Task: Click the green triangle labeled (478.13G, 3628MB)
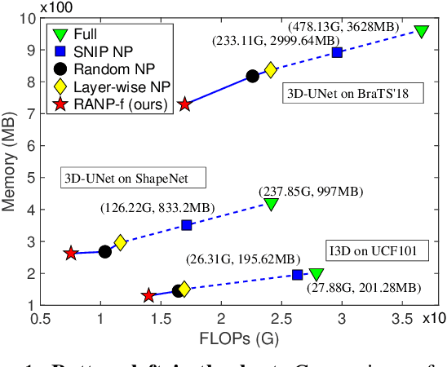point(421,31)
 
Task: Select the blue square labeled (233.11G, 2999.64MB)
point(337,52)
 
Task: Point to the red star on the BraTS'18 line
point(185,104)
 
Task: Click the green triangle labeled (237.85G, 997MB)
point(271,204)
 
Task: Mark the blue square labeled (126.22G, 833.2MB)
point(187,225)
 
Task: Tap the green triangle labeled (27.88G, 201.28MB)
point(316,275)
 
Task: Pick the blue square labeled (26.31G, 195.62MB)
point(298,275)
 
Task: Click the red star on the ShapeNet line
point(71,254)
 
